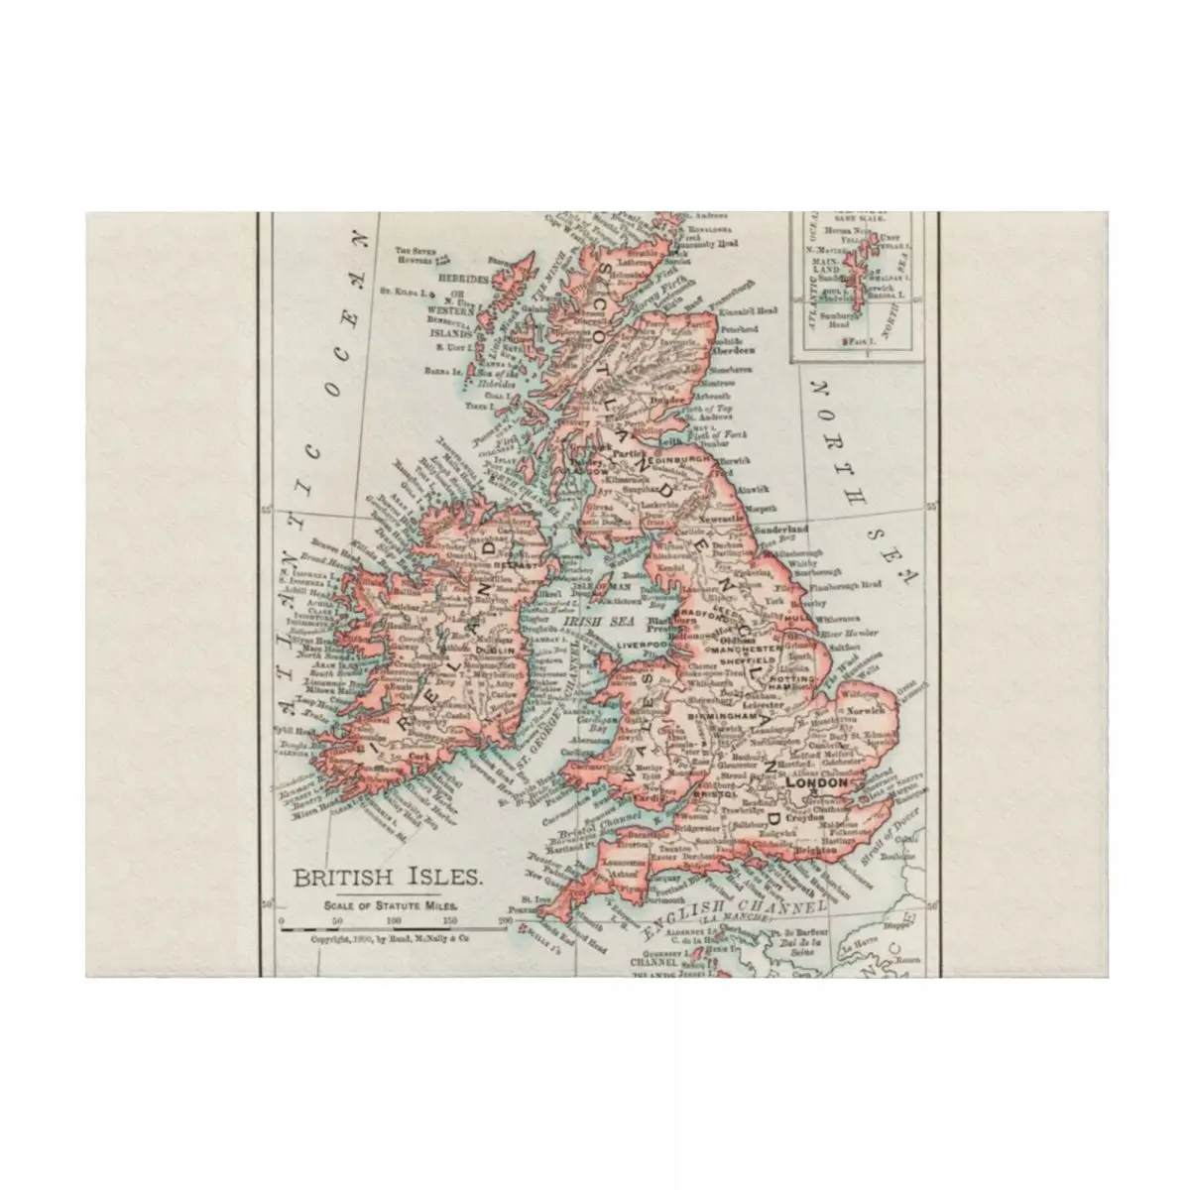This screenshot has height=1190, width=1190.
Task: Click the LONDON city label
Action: coord(816,782)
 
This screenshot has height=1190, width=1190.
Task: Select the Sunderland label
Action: coord(785,530)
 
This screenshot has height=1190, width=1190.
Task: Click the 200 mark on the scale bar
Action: coord(507,921)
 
